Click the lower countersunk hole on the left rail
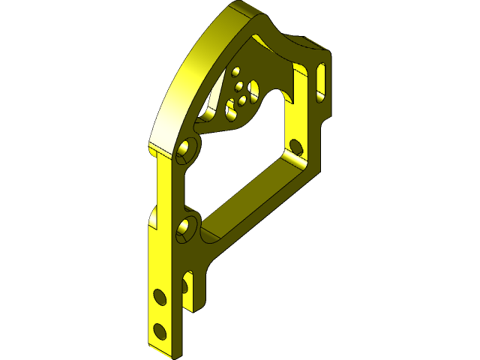(x=185, y=228)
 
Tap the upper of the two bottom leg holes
(x=158, y=296)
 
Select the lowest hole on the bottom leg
(x=158, y=328)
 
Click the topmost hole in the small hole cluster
(x=237, y=73)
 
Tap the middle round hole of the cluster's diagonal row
(x=241, y=97)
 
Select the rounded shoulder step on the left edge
(x=153, y=218)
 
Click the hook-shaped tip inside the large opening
(x=289, y=96)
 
